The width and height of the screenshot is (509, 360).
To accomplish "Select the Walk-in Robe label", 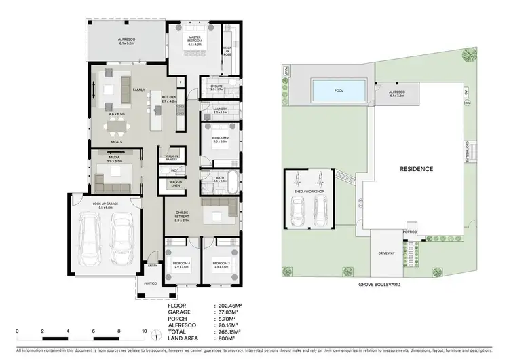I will pyautogui.click(x=227, y=48).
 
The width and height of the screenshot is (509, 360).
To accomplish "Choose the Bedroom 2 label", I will pyautogui.click(x=219, y=139).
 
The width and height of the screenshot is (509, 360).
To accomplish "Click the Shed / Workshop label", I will pyautogui.click(x=308, y=193).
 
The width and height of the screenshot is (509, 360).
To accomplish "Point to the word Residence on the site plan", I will pyautogui.click(x=416, y=168).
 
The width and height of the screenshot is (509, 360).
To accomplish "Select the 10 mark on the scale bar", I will pyautogui.click(x=145, y=333).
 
